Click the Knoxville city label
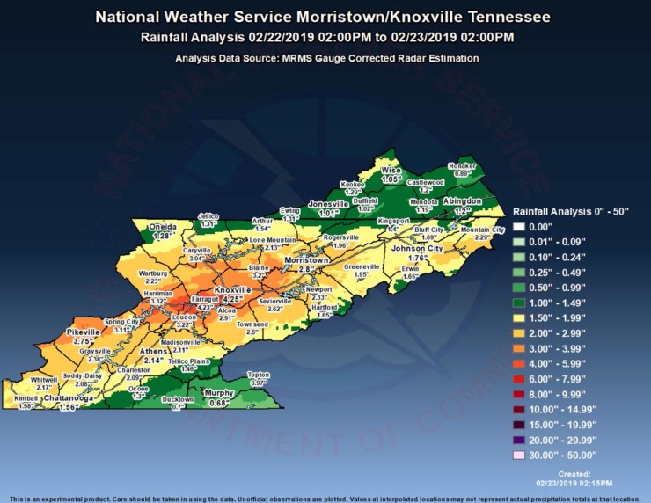(233, 289)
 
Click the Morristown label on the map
(306, 261)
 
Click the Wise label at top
(391, 170)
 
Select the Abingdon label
(462, 201)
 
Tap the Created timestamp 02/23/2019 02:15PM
(574, 483)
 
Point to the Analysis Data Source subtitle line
(325, 58)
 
